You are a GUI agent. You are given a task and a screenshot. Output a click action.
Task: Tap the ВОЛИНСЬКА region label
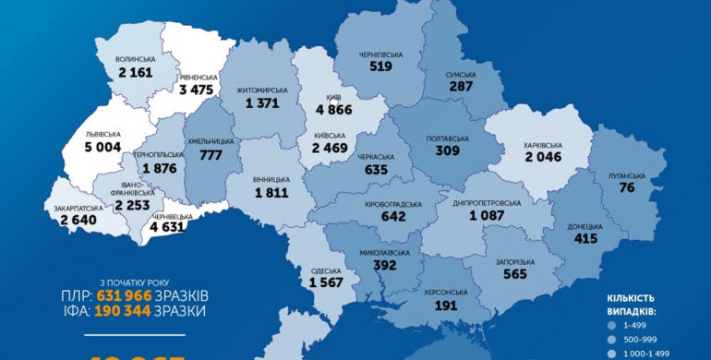click(135, 58)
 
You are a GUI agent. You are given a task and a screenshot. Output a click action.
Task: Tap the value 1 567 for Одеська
click(326, 282)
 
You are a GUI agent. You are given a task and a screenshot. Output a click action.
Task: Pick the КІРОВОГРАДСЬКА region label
click(393, 204)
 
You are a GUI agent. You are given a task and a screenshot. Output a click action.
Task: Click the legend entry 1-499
click(634, 326)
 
